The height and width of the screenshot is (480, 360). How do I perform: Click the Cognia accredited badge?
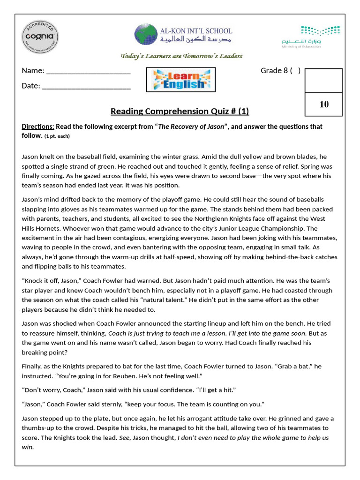pos(40,36)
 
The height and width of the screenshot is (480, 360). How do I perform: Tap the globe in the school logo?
pos(146,35)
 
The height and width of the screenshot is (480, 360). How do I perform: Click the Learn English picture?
pos(181,80)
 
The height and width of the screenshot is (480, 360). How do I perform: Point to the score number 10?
pos(324,104)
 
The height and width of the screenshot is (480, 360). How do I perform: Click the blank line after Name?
pos(88,71)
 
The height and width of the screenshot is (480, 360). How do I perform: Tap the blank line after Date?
pos(86,86)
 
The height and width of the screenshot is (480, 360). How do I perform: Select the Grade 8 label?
pos(274,71)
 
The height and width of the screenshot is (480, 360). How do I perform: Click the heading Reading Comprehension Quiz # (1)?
pos(180,111)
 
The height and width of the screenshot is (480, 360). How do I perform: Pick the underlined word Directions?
pos(38,127)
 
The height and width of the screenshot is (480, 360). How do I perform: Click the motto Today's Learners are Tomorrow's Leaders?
pos(181,56)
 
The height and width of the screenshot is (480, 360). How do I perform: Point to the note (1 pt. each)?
pos(60,136)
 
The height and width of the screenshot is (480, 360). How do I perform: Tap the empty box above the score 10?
pos(324,81)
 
